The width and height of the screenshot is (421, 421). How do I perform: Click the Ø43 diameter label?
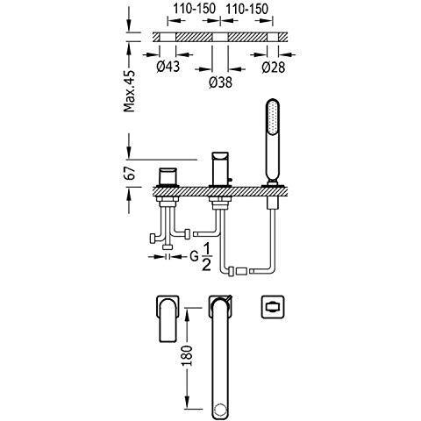[168, 67]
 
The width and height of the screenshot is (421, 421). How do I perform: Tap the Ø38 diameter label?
[221, 82]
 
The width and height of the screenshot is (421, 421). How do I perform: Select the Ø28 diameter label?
[274, 68]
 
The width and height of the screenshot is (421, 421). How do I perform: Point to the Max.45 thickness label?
[130, 91]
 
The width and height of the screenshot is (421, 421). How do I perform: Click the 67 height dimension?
[130, 173]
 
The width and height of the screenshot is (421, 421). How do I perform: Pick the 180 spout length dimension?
[187, 355]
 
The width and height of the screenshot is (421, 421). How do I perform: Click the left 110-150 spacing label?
[194, 9]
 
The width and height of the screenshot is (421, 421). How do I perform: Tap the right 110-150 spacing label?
[246, 9]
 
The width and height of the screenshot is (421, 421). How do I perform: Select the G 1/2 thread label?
[201, 257]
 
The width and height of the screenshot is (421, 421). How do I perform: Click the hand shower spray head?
[273, 118]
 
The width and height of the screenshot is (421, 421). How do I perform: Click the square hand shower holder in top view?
[273, 307]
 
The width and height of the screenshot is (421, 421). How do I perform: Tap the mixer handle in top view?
[168, 318]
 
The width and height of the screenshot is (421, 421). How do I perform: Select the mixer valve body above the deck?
[168, 177]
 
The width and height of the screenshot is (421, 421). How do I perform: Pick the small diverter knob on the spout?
[230, 181]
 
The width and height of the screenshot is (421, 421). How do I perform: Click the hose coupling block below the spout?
[242, 271]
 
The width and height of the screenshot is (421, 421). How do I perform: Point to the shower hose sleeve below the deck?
[273, 203]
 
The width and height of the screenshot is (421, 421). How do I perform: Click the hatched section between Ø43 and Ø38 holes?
[194, 37]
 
